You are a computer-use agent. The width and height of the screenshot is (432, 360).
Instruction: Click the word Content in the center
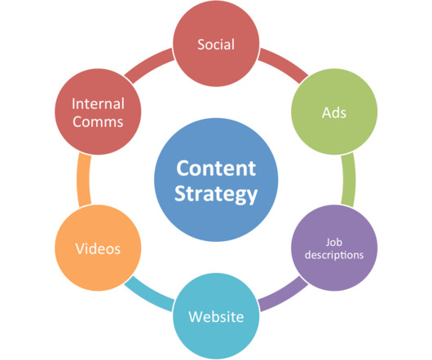pyautogui.click(x=216, y=168)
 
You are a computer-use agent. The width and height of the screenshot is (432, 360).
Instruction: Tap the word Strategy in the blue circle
pyautogui.click(x=216, y=195)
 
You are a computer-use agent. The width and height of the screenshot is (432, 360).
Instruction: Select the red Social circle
pyautogui.click(x=216, y=43)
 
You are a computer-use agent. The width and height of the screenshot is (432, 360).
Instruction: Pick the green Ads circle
pyautogui.click(x=334, y=112)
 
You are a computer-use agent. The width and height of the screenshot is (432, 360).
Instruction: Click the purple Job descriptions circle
pyautogui.click(x=334, y=248)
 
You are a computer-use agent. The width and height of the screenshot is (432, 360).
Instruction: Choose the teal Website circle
pyautogui.click(x=216, y=316)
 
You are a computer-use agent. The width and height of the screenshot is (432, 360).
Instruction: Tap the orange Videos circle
pyautogui.click(x=98, y=248)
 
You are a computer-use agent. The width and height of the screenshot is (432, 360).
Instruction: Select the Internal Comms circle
pyautogui.click(x=98, y=112)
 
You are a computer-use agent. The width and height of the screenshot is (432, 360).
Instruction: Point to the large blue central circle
pyautogui.click(x=216, y=180)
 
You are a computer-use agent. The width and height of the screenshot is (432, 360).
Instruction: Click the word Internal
pyautogui.click(x=98, y=103)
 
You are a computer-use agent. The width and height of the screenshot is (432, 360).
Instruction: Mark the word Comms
pyautogui.click(x=98, y=121)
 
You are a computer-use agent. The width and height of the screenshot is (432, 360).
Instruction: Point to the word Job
pyautogui.click(x=334, y=242)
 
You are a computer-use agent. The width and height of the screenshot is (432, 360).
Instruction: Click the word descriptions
pyautogui.click(x=334, y=255)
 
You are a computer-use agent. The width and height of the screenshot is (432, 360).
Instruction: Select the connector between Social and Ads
pyautogui.click(x=284, y=63)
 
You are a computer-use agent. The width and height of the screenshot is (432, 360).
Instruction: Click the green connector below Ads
pyautogui.click(x=349, y=180)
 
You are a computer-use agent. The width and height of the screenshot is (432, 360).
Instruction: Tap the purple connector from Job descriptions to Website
pyautogui.click(x=284, y=296)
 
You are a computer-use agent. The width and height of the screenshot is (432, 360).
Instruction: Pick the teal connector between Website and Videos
pyautogui.click(x=149, y=296)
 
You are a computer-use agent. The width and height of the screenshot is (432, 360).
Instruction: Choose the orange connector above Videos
pyautogui.click(x=84, y=180)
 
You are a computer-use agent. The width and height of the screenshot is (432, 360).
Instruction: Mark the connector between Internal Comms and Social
pyautogui.click(x=149, y=64)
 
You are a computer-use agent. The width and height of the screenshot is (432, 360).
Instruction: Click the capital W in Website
pyautogui.click(x=196, y=317)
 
